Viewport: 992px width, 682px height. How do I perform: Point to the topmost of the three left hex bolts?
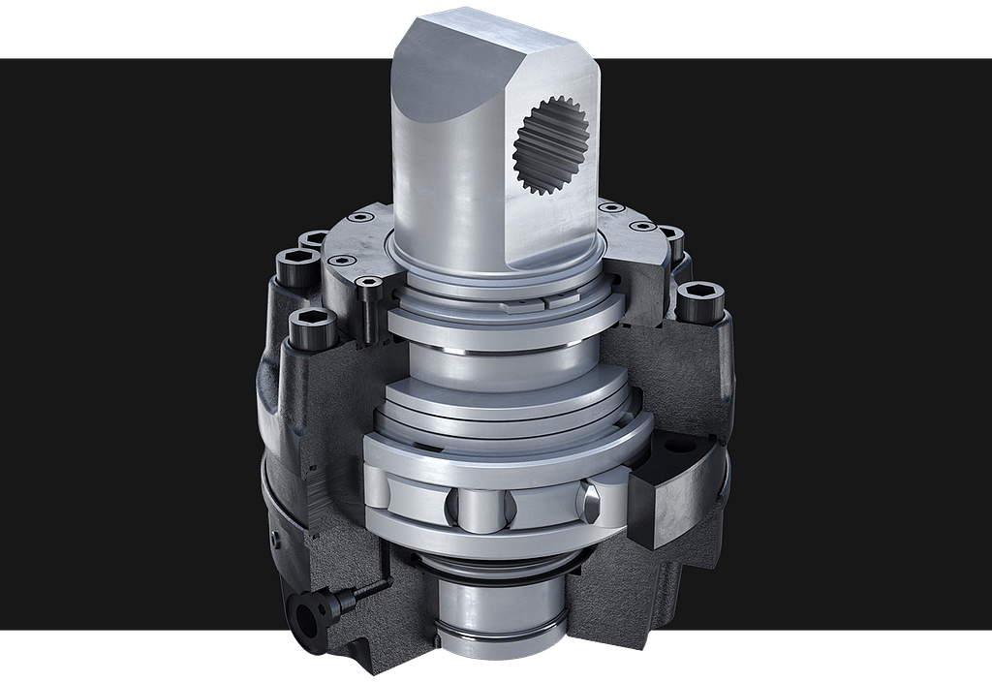(315, 239)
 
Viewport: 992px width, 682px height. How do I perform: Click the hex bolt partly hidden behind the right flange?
(670, 237)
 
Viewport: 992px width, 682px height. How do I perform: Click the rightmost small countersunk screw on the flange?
(638, 227)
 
